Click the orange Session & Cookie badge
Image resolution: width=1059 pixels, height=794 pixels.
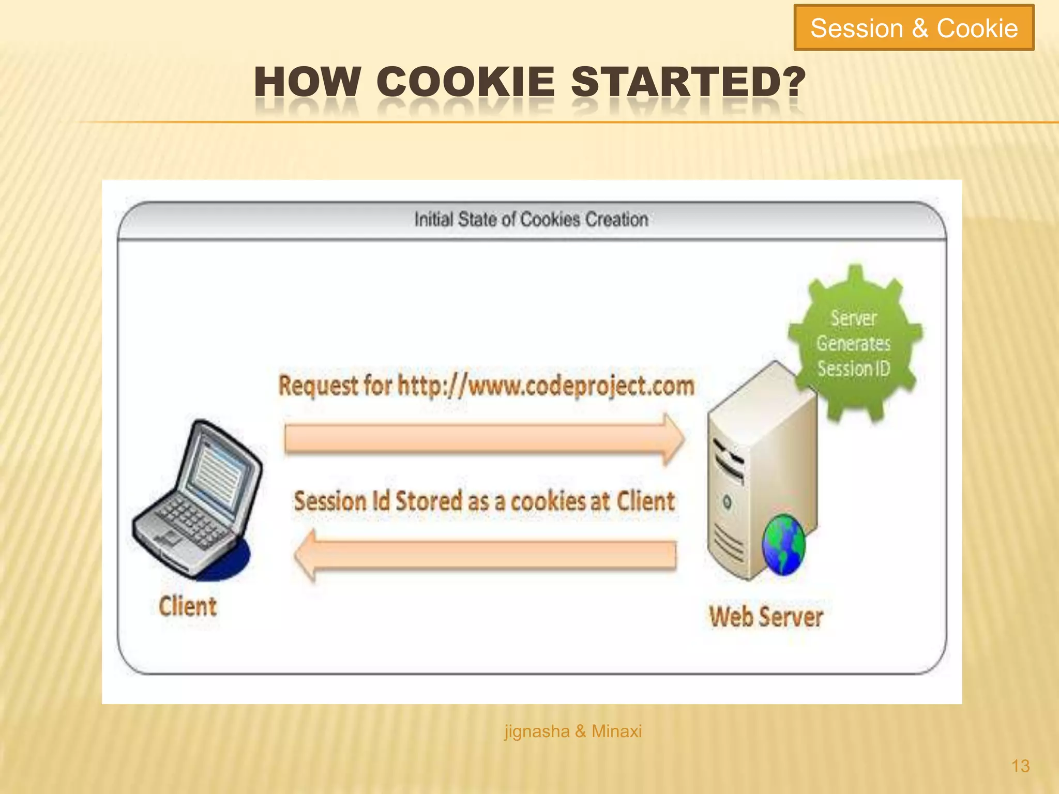pos(914,28)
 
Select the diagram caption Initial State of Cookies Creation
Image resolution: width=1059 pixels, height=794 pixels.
pos(531,220)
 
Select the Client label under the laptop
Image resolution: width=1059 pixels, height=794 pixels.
pos(188,606)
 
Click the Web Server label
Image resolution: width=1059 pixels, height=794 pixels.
pos(766,617)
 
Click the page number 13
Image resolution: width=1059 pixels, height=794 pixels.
pos(1020,766)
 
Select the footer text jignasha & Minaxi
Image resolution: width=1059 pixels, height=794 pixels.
pos(573,731)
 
